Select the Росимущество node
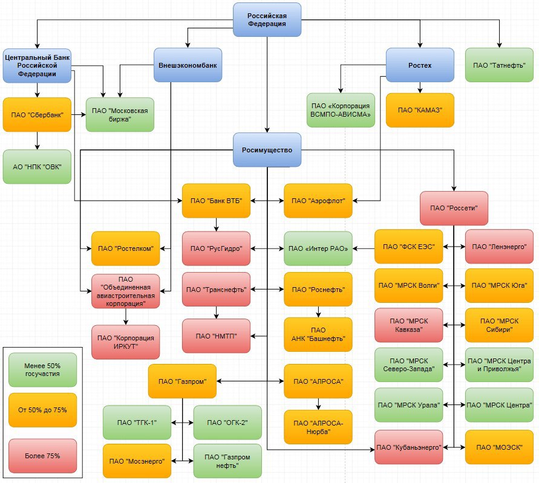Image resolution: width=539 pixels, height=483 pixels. click(x=267, y=150)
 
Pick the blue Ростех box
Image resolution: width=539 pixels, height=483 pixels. click(x=420, y=65)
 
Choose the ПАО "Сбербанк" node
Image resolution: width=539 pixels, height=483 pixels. click(x=37, y=114)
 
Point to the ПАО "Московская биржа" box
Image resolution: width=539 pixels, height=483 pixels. click(x=120, y=114)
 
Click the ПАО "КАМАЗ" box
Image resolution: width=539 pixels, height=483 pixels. click(x=420, y=110)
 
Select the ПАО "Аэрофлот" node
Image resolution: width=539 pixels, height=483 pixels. click(x=318, y=200)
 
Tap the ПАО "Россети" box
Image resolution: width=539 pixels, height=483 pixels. click(x=454, y=208)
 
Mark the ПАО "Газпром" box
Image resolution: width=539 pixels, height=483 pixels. click(x=182, y=381)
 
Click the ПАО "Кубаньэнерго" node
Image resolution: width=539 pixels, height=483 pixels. click(x=408, y=447)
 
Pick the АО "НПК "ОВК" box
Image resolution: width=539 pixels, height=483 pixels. click(x=37, y=167)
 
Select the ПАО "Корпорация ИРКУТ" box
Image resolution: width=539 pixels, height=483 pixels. click(x=126, y=342)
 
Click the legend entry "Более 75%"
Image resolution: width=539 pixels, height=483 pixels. click(x=42, y=456)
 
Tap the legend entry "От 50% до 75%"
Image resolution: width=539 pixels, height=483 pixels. click(x=42, y=410)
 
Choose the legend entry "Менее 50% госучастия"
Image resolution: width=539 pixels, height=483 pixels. click(x=42, y=366)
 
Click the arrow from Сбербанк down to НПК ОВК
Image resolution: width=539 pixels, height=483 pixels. click(x=37, y=140)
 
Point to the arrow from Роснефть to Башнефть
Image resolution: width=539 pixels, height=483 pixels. click(x=318, y=311)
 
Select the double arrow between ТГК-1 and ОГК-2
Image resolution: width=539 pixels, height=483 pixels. click(x=182, y=423)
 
